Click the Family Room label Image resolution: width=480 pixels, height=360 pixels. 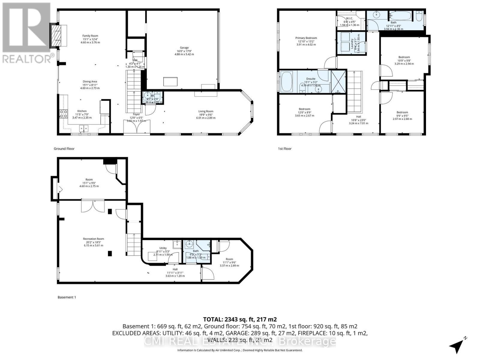(90, 36)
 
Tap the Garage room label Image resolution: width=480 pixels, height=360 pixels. (184, 48)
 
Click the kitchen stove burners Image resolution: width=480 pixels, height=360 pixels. (63, 113)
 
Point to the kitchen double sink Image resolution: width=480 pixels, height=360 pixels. (84, 129)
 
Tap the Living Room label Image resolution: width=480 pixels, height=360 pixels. (206, 111)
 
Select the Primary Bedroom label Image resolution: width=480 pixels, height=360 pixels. (306, 38)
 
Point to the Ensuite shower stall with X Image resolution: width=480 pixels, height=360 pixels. (338, 82)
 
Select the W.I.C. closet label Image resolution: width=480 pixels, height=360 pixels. (349, 18)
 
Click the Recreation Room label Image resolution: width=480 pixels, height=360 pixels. (94, 239)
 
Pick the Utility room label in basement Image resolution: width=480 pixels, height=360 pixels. (163, 248)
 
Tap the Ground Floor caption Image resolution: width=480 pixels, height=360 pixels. (64, 149)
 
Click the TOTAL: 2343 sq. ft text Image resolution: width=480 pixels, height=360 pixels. (240, 319)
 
